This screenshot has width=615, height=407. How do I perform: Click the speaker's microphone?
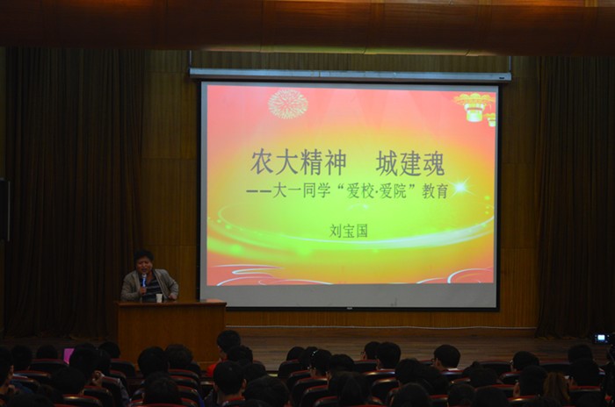coord(144,280)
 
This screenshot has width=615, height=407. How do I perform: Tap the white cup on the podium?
coord(159,297)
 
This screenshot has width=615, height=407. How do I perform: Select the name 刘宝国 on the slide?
coord(348,231)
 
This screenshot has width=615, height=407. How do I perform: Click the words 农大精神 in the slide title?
coord(299,163)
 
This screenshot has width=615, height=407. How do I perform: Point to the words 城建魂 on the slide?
coord(410,163)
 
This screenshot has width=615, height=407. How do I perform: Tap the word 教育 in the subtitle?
coord(435,191)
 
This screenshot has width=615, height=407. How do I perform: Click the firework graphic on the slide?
coord(288,104)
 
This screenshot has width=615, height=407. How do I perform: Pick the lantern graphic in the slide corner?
coord(475,107)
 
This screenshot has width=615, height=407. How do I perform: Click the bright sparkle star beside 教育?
coord(460,187)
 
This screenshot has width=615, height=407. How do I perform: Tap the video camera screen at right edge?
coord(601,338)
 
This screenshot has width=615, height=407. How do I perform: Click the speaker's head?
coord(144,261)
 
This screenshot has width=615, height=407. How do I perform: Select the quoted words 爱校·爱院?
coord(377,191)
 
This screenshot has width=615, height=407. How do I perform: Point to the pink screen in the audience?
coord(69,355)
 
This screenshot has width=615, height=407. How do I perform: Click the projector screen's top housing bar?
coord(351,75)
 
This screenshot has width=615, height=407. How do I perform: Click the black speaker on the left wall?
coord(4,210)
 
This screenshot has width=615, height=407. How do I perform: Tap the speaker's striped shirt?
coord(151,289)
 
